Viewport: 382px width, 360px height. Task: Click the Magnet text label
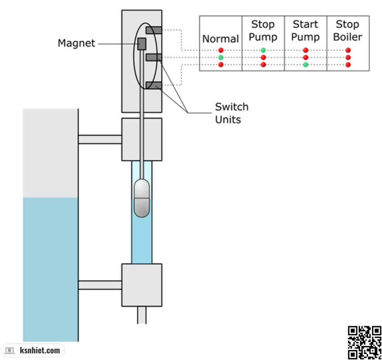coord(76,43)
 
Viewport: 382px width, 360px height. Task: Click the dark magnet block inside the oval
coord(142,44)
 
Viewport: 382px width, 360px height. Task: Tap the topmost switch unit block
coord(154,30)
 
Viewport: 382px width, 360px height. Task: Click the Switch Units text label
coord(231,113)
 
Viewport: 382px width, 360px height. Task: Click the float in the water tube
coord(142,198)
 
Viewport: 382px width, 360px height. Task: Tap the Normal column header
coord(220,39)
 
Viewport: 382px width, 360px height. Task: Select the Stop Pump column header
coord(263,30)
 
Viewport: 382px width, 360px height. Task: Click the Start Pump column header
coord(305,30)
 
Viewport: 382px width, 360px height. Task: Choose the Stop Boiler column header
coord(348,30)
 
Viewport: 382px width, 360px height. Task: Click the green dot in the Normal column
coord(221,58)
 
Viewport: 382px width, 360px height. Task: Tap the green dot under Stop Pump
coord(263,50)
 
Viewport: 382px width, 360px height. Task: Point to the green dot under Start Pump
coord(306,65)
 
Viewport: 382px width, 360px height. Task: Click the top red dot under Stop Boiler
coord(348,50)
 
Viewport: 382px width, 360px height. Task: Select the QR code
coord(364,342)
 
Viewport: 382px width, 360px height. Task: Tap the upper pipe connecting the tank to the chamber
coord(100,139)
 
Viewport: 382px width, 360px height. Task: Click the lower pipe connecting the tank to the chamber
coord(100,285)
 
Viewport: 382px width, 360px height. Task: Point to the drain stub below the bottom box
coord(142,315)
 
